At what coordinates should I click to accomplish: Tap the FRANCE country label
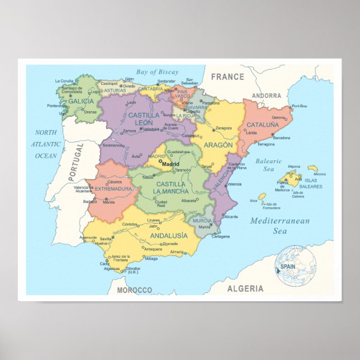point(228,77)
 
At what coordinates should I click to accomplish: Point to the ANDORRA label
point(266,96)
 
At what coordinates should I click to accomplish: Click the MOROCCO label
point(135,290)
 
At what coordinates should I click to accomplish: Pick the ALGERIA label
point(245,288)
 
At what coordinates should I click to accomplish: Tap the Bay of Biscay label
point(157,72)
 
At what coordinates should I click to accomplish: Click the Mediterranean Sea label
point(280,225)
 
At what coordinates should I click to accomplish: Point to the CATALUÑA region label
point(263,125)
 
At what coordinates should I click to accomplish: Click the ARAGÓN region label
point(218,145)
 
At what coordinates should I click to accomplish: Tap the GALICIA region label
point(81,101)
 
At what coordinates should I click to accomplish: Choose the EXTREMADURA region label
point(113,189)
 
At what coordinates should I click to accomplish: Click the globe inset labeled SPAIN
point(296,266)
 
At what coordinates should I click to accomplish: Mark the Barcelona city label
point(281,138)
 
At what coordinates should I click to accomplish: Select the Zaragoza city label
point(224,128)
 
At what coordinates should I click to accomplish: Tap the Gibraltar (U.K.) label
point(133,270)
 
